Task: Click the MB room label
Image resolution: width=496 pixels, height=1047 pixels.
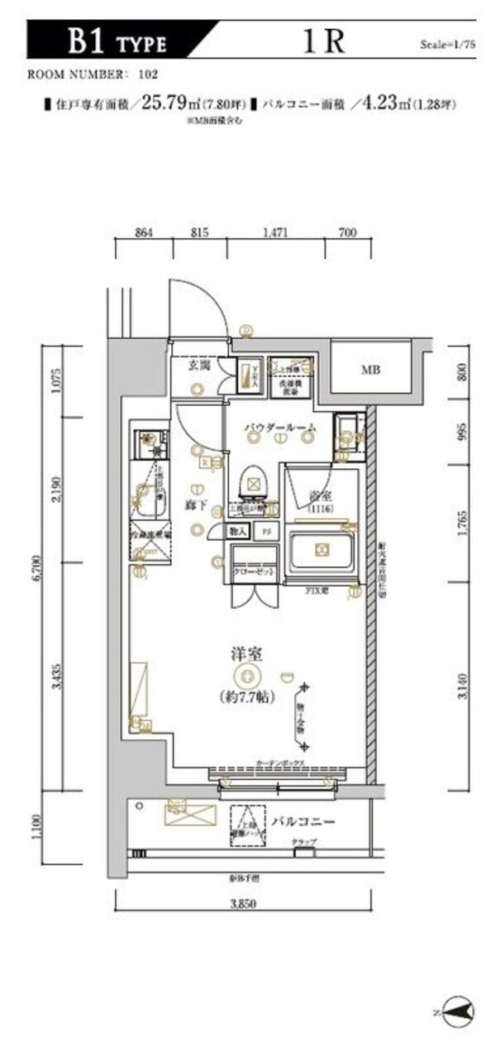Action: tap(371, 370)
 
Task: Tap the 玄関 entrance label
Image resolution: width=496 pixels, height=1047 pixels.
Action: tap(198, 364)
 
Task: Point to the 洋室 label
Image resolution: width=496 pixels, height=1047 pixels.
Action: tap(246, 653)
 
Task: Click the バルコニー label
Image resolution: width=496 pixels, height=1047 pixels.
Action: tap(302, 823)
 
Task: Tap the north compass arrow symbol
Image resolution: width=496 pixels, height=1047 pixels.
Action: tap(455, 1011)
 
